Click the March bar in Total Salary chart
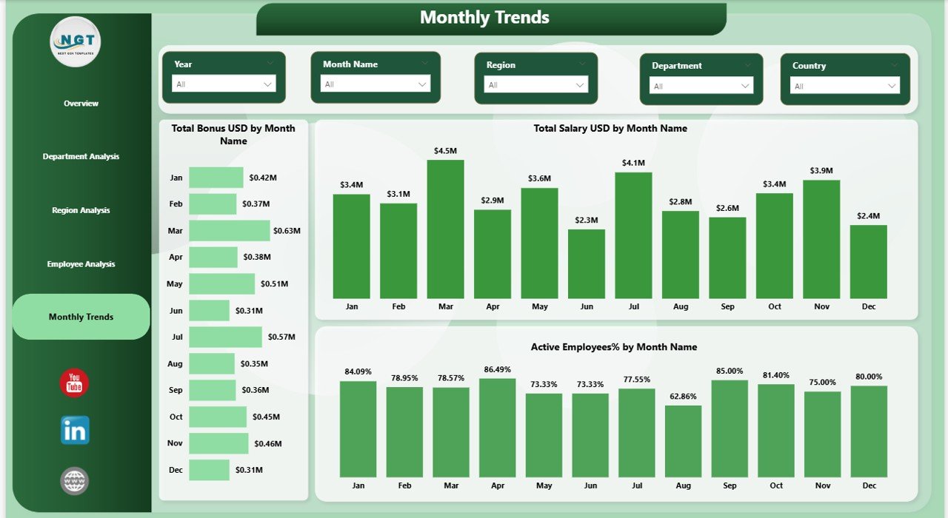coord(445,229)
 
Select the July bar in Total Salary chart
coord(633,235)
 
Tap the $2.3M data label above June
coord(586,220)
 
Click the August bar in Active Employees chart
coord(683,441)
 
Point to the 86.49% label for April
coord(497,369)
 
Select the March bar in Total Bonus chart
coord(229,231)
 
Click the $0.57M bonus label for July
coord(281,337)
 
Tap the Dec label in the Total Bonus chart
coord(176,470)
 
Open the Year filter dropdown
coord(224,84)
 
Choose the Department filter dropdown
coord(701,86)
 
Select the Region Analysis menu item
coord(81,210)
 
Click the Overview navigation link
coord(81,104)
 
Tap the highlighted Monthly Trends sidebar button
coord(81,317)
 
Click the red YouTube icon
coord(74,383)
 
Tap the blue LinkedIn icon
coord(75,430)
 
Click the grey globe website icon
coord(74,481)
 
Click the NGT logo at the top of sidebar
coord(76,41)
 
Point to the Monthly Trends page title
coord(484,18)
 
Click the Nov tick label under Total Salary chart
coord(821,306)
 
